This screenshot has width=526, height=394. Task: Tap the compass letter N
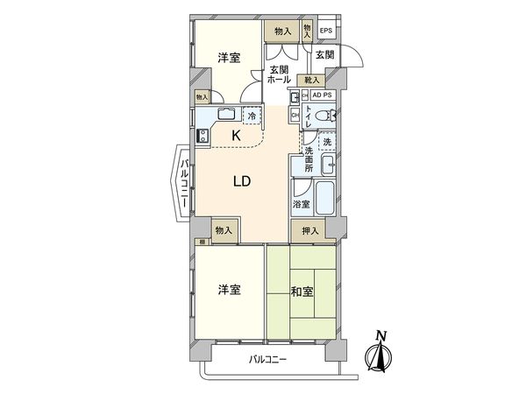380,334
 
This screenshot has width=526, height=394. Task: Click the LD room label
243,182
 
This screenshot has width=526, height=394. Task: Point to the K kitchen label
237,135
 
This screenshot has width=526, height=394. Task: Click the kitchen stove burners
203,136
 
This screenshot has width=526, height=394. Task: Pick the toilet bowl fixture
323,114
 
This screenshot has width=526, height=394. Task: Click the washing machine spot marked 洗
326,143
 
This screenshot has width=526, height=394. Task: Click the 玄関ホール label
279,74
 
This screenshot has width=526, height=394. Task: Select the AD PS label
322,95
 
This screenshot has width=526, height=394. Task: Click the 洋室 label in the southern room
229,290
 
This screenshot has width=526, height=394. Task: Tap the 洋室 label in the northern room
229,58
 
